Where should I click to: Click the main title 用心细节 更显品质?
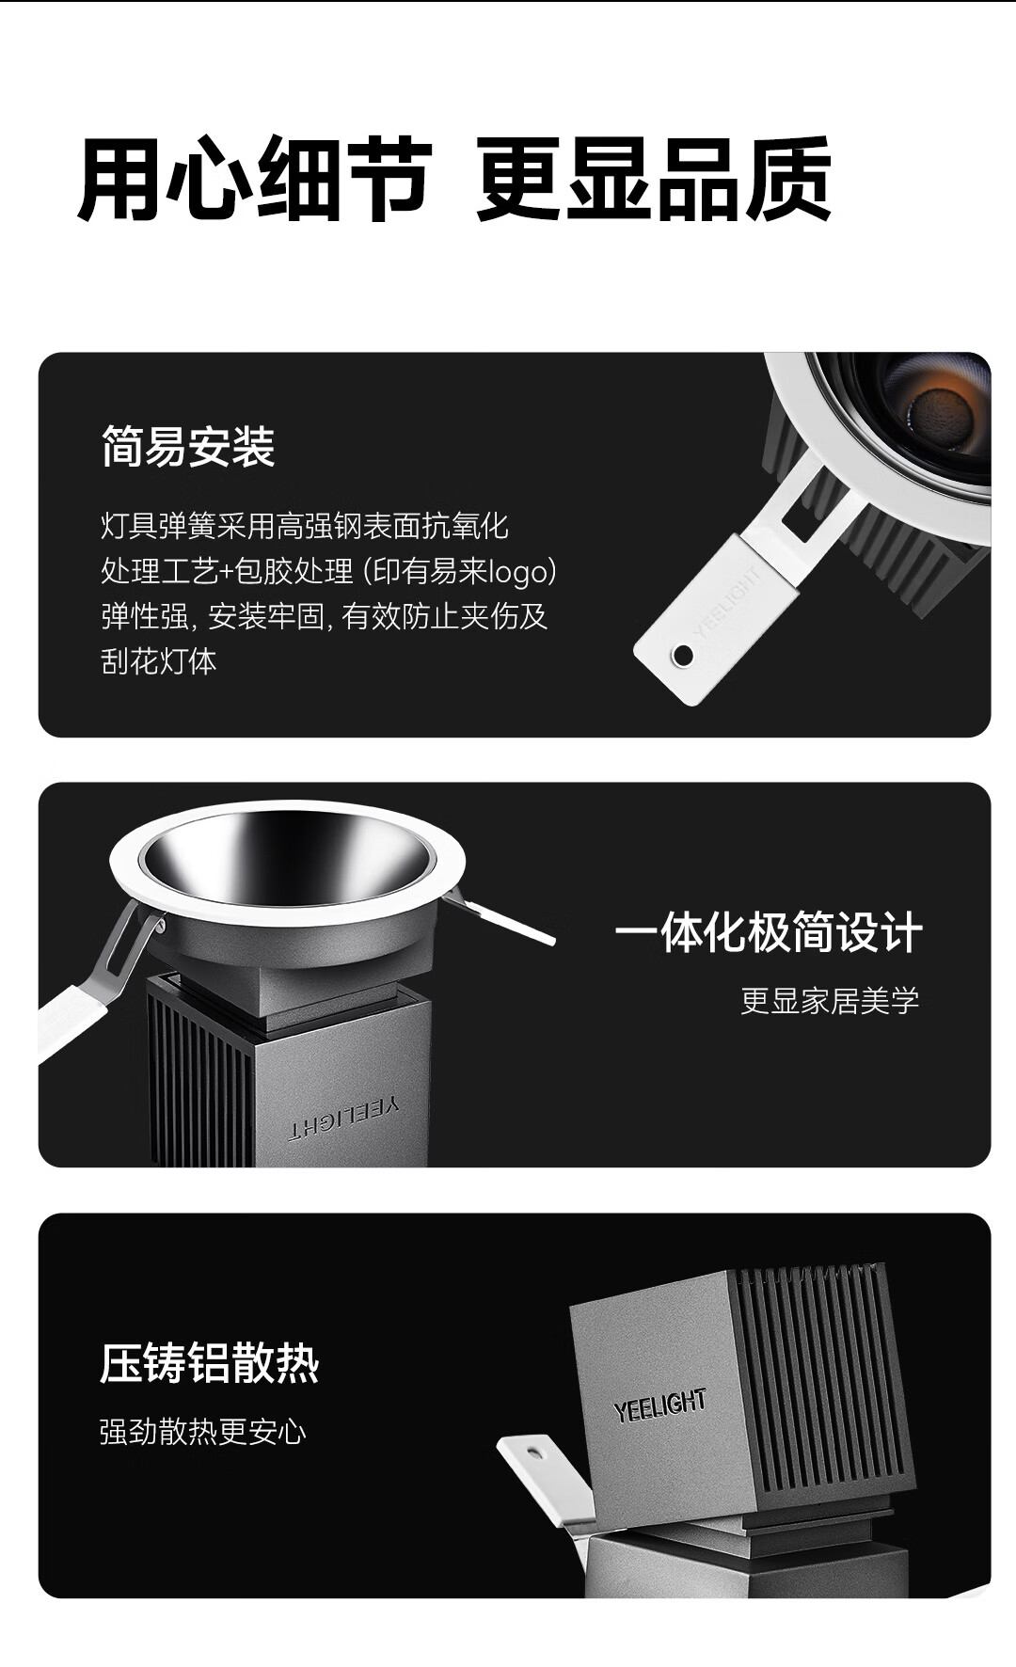pyautogui.click(x=454, y=179)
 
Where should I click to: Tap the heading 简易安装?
pyautogui.click(x=188, y=447)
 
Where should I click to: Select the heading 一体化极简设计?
pyautogui.click(x=768, y=932)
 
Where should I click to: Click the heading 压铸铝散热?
pyautogui.click(x=210, y=1363)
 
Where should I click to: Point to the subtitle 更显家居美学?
pyautogui.click(x=830, y=1000)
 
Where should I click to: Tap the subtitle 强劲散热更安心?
pyautogui.click(x=203, y=1432)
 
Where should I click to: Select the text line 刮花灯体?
pyautogui.click(x=159, y=661)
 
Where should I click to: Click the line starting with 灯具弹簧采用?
pyautogui.click(x=305, y=526)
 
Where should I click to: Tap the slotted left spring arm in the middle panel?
pyautogui.click(x=99, y=978)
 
